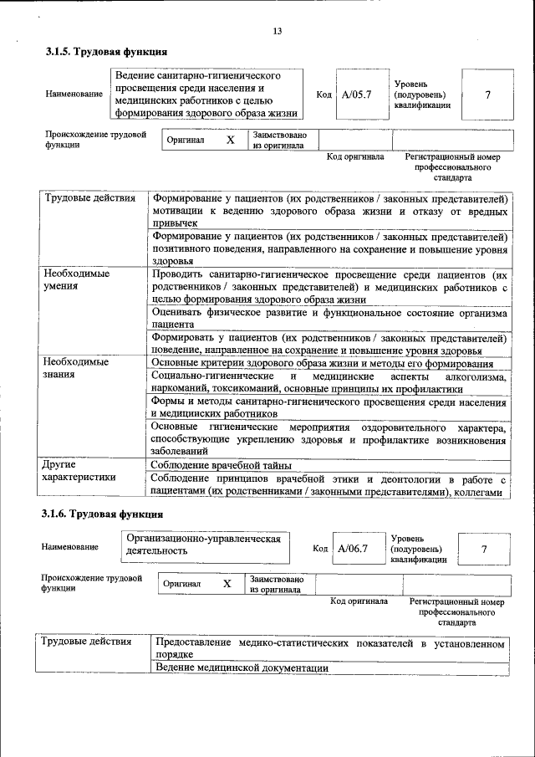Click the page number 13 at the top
pyautogui.click(x=278, y=32)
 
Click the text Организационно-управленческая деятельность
pyautogui.click(x=201, y=545)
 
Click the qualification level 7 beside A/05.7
pyautogui.click(x=487, y=95)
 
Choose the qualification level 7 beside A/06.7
pyautogui.click(x=484, y=549)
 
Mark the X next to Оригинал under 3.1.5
pyautogui.click(x=231, y=141)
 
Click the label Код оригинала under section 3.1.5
pyautogui.click(x=354, y=156)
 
